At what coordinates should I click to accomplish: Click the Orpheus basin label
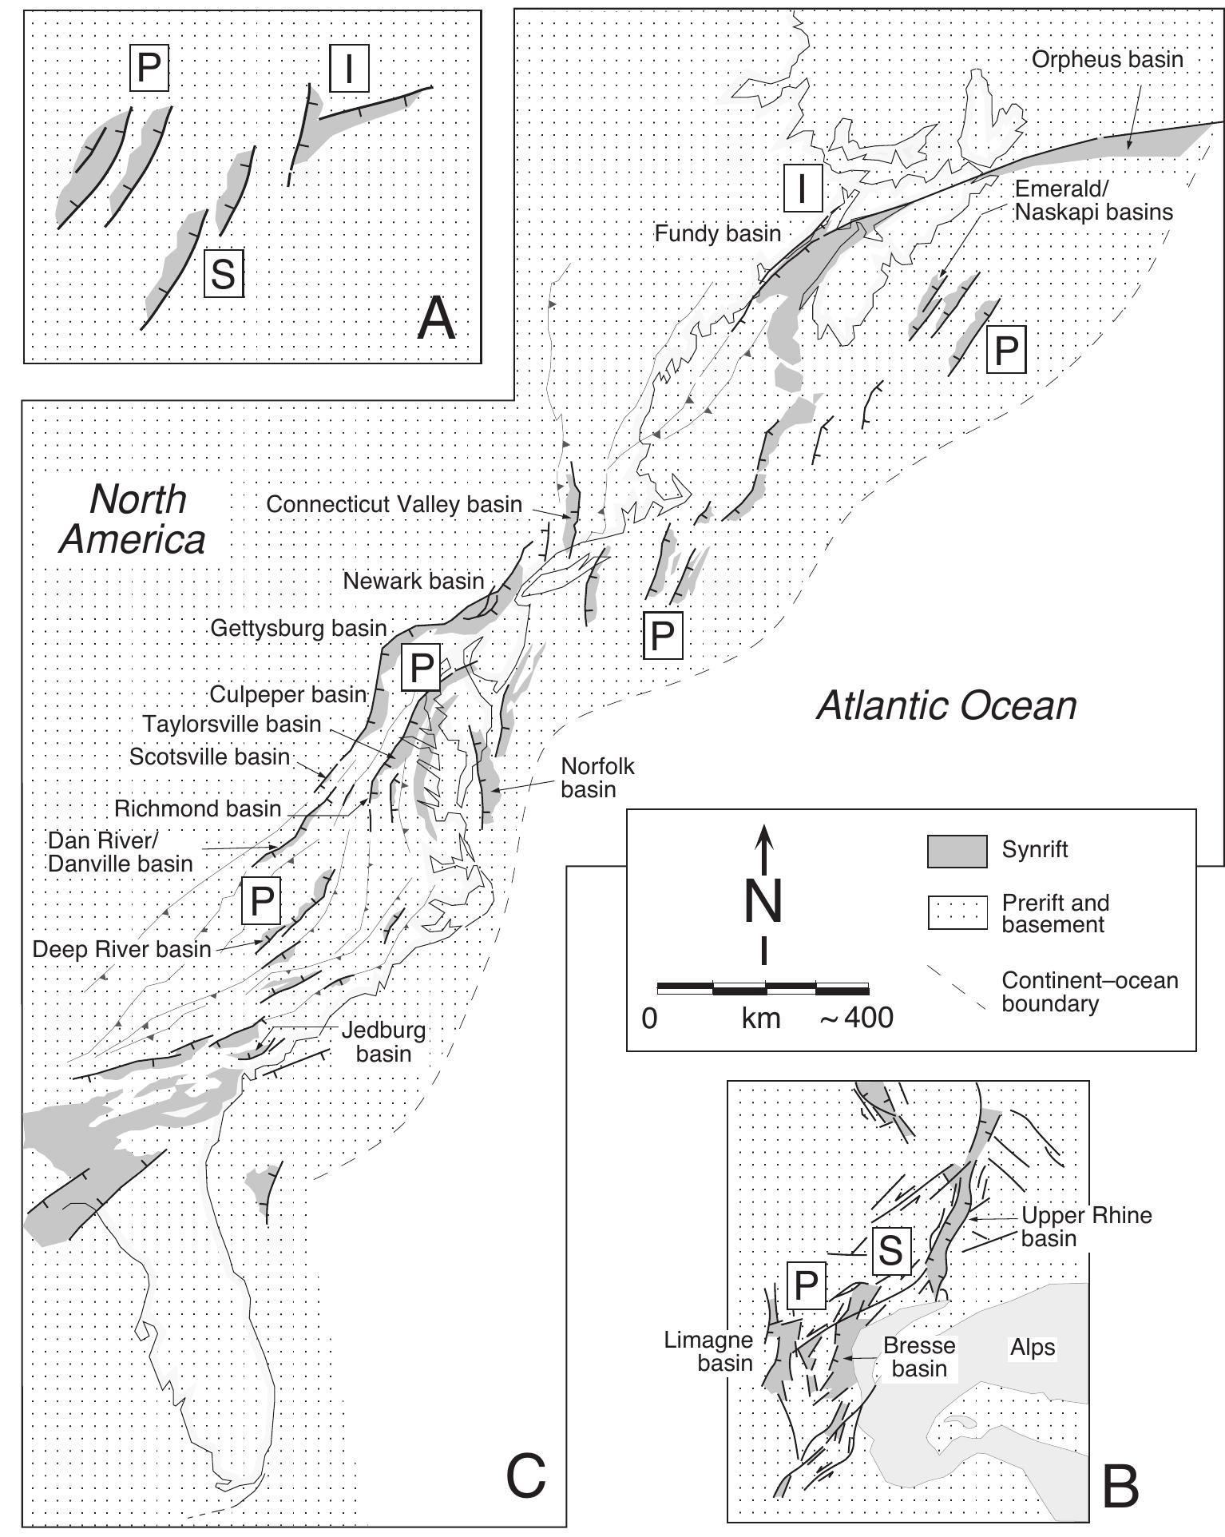pyautogui.click(x=1107, y=60)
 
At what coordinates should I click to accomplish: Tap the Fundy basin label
pyautogui.click(x=717, y=234)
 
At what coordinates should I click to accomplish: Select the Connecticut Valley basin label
pyautogui.click(x=394, y=505)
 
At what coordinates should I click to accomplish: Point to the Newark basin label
pyautogui.click(x=414, y=581)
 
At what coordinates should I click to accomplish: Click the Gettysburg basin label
pyautogui.click(x=299, y=629)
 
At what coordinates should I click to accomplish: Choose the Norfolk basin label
pyautogui.click(x=597, y=777)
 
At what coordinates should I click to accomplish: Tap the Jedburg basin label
pyautogui.click(x=383, y=1042)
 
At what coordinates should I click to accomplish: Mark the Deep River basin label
pyautogui.click(x=121, y=949)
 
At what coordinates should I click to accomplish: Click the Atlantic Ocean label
pyautogui.click(x=946, y=706)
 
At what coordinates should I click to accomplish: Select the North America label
pyautogui.click(x=133, y=519)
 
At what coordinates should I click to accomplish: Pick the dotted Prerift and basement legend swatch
pyautogui.click(x=957, y=913)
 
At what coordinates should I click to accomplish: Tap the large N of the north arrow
pyautogui.click(x=764, y=902)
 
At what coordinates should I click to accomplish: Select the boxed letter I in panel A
pyautogui.click(x=348, y=69)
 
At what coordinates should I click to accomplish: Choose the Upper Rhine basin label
pyautogui.click(x=1086, y=1227)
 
